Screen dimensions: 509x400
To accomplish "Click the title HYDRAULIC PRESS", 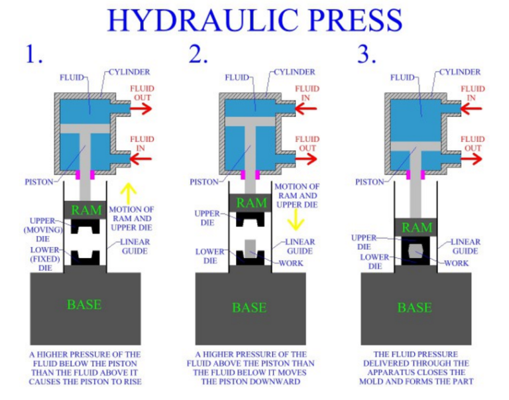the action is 254,20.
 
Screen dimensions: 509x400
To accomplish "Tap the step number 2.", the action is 198,54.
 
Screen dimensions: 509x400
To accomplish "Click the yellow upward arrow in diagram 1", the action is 128,193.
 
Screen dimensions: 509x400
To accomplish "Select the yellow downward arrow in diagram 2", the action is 296,220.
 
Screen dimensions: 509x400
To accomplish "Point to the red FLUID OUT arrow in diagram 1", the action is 141,109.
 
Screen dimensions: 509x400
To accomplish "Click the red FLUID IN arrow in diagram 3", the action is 471,109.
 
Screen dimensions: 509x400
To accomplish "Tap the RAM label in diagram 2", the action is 252,203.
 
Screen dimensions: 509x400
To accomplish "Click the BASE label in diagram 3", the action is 414,307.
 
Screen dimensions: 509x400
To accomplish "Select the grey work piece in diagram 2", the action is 251,249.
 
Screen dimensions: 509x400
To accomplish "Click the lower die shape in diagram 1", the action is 85,258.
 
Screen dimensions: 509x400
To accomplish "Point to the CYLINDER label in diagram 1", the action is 129,72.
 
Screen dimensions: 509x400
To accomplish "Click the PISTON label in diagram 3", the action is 369,182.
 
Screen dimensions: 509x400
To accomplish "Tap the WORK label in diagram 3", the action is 456,263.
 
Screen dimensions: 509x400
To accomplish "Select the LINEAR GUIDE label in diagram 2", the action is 300,246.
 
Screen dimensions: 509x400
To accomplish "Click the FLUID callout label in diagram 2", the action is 237,78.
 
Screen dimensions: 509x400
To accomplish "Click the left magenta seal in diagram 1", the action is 78,175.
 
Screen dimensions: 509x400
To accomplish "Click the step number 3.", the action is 366,54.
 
